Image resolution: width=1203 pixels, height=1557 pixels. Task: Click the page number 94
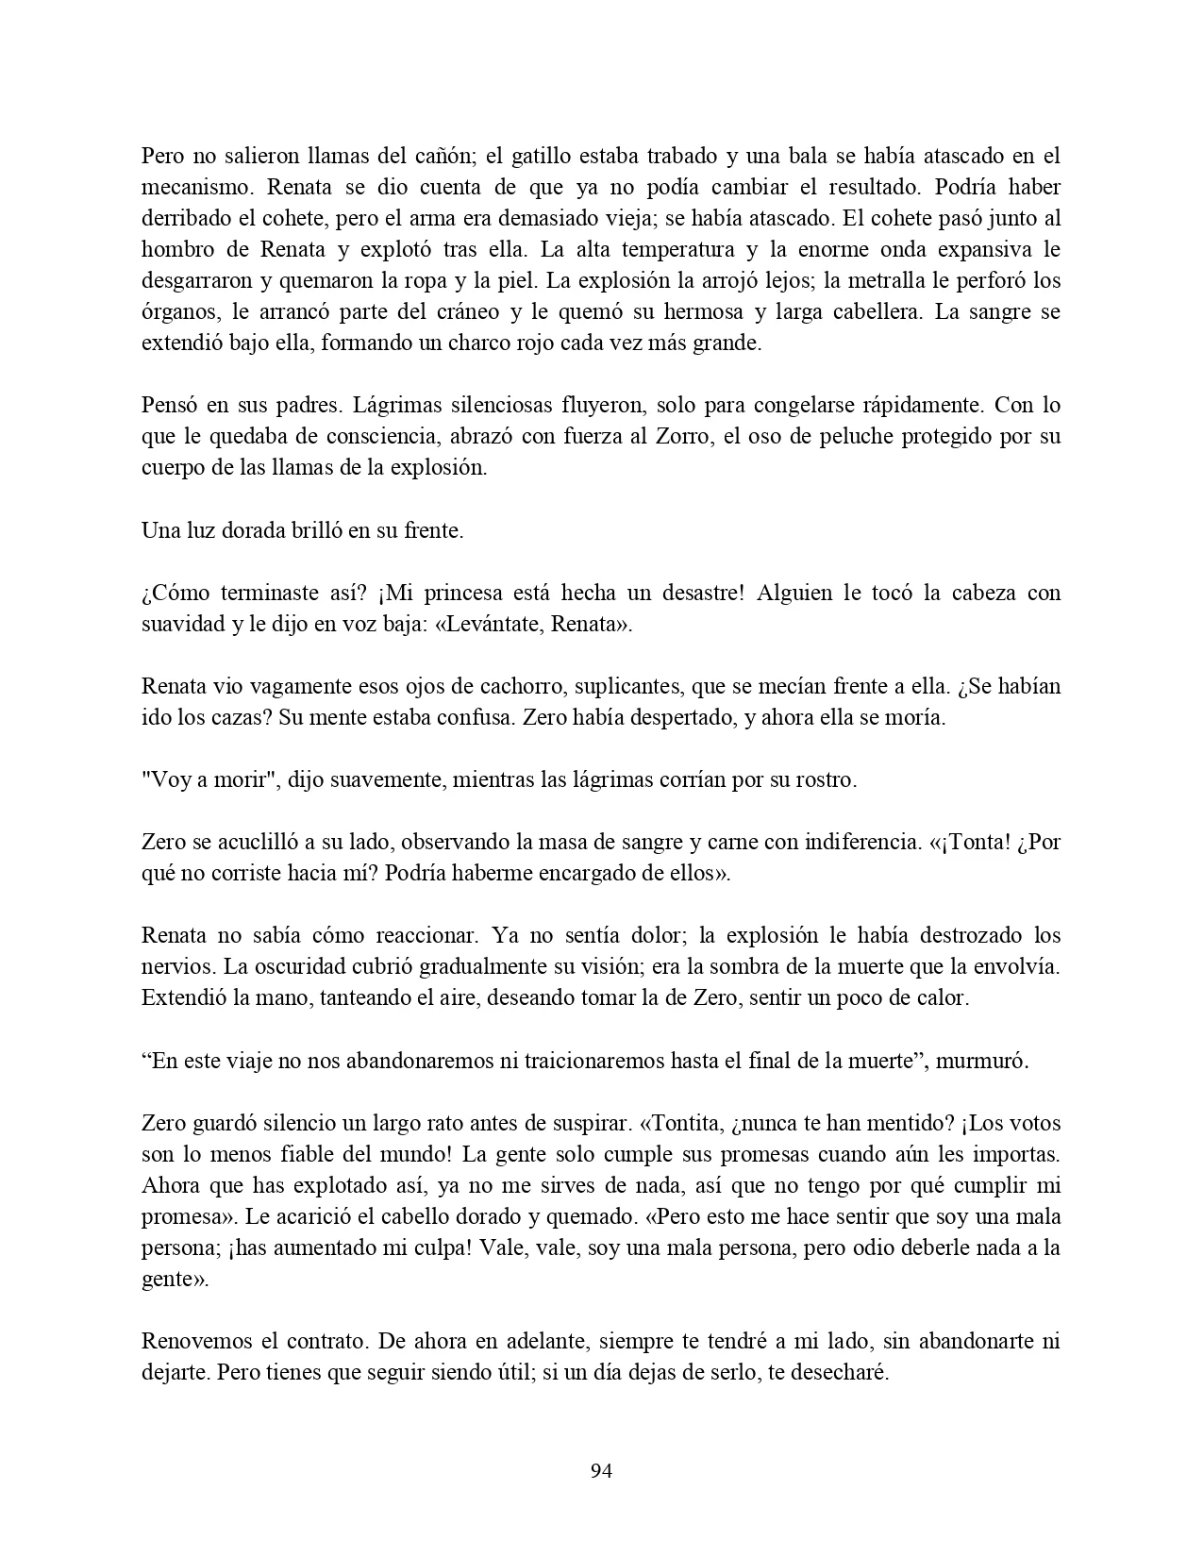601,1470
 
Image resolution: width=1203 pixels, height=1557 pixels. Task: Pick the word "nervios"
169,966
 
